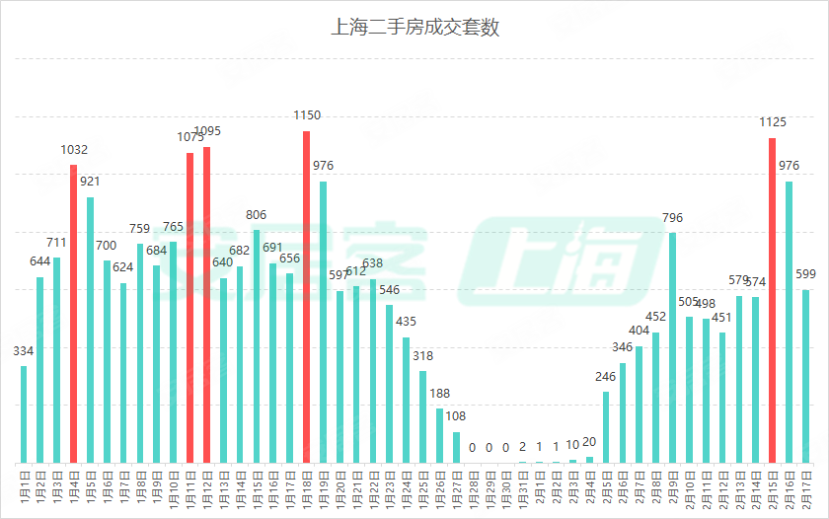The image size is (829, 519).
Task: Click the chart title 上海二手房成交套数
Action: (x=414, y=27)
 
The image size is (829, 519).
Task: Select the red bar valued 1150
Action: (x=307, y=296)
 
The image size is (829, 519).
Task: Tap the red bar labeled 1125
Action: (x=773, y=300)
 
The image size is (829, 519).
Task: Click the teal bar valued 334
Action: (x=24, y=414)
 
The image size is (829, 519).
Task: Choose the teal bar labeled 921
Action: (x=91, y=330)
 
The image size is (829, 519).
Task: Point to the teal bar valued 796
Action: (x=673, y=347)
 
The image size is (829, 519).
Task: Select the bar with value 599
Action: (x=806, y=376)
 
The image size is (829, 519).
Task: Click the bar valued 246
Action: (x=606, y=427)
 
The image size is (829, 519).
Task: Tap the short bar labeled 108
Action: (x=456, y=447)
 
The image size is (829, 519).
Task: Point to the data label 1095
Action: (x=207, y=131)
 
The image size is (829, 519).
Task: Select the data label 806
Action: (x=257, y=215)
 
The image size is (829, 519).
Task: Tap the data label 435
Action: (x=407, y=322)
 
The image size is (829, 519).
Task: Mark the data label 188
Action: (x=440, y=393)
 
